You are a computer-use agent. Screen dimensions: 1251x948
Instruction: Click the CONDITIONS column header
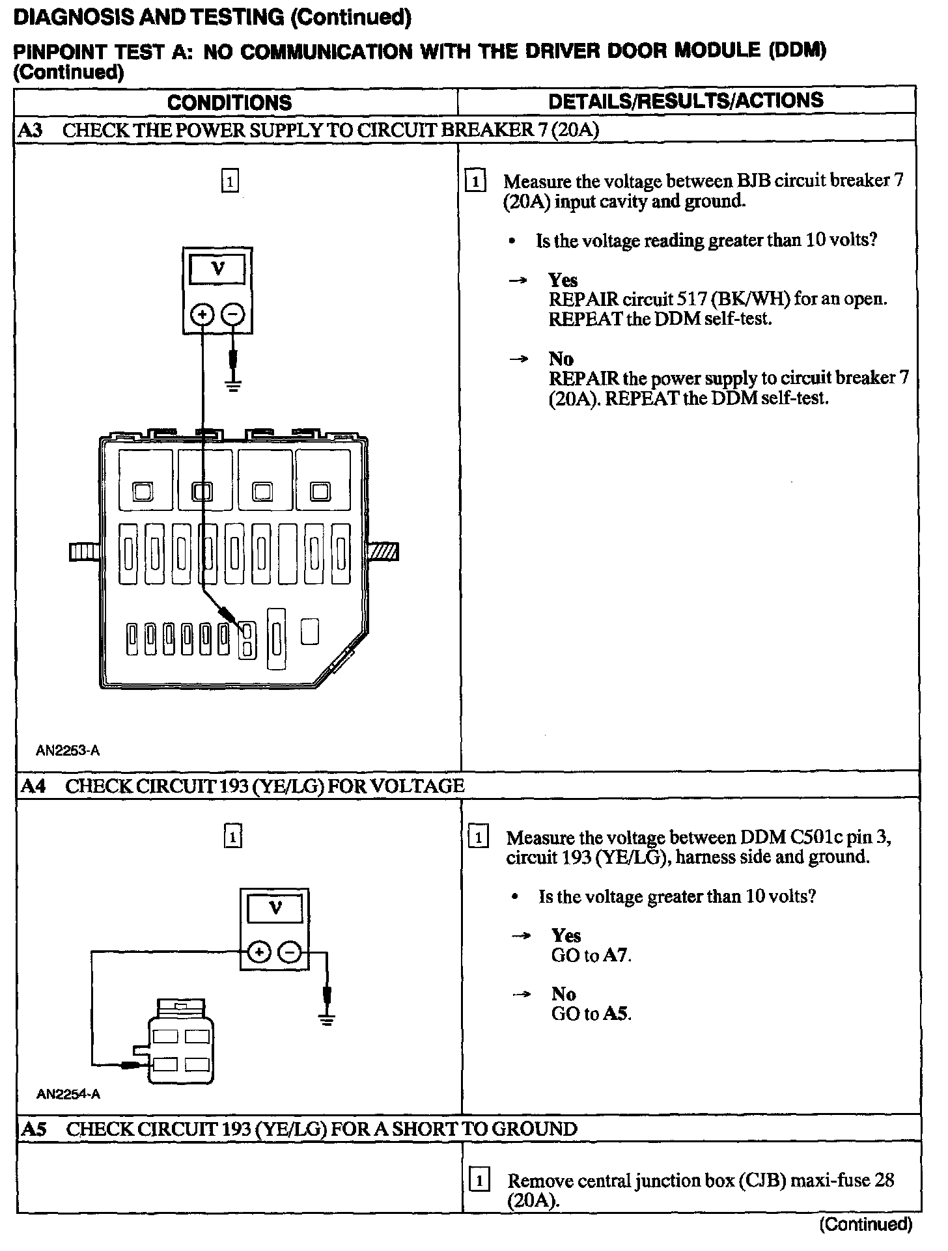point(229,103)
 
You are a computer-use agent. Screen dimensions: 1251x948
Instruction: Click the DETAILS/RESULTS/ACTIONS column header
point(686,101)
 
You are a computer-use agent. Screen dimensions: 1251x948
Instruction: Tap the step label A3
point(30,130)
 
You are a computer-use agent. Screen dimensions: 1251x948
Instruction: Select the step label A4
point(33,786)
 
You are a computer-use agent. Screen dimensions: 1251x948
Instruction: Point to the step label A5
point(33,1129)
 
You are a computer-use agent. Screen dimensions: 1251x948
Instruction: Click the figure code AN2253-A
point(68,750)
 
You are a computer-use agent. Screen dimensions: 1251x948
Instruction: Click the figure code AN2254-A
point(68,1094)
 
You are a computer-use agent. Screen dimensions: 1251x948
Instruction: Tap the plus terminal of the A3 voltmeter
point(202,316)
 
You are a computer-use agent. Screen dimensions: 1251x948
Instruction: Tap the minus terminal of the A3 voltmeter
point(232,316)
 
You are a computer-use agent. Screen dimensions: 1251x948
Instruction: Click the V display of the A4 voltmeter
point(275,909)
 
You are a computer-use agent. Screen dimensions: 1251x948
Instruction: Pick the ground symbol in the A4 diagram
point(328,1020)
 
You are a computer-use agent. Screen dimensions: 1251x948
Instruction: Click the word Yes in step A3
point(563,280)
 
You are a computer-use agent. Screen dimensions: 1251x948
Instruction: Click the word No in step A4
point(563,994)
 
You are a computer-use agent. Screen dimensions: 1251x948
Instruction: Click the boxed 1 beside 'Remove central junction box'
point(480,1180)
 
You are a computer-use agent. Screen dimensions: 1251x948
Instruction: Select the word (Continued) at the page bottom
point(865,1224)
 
